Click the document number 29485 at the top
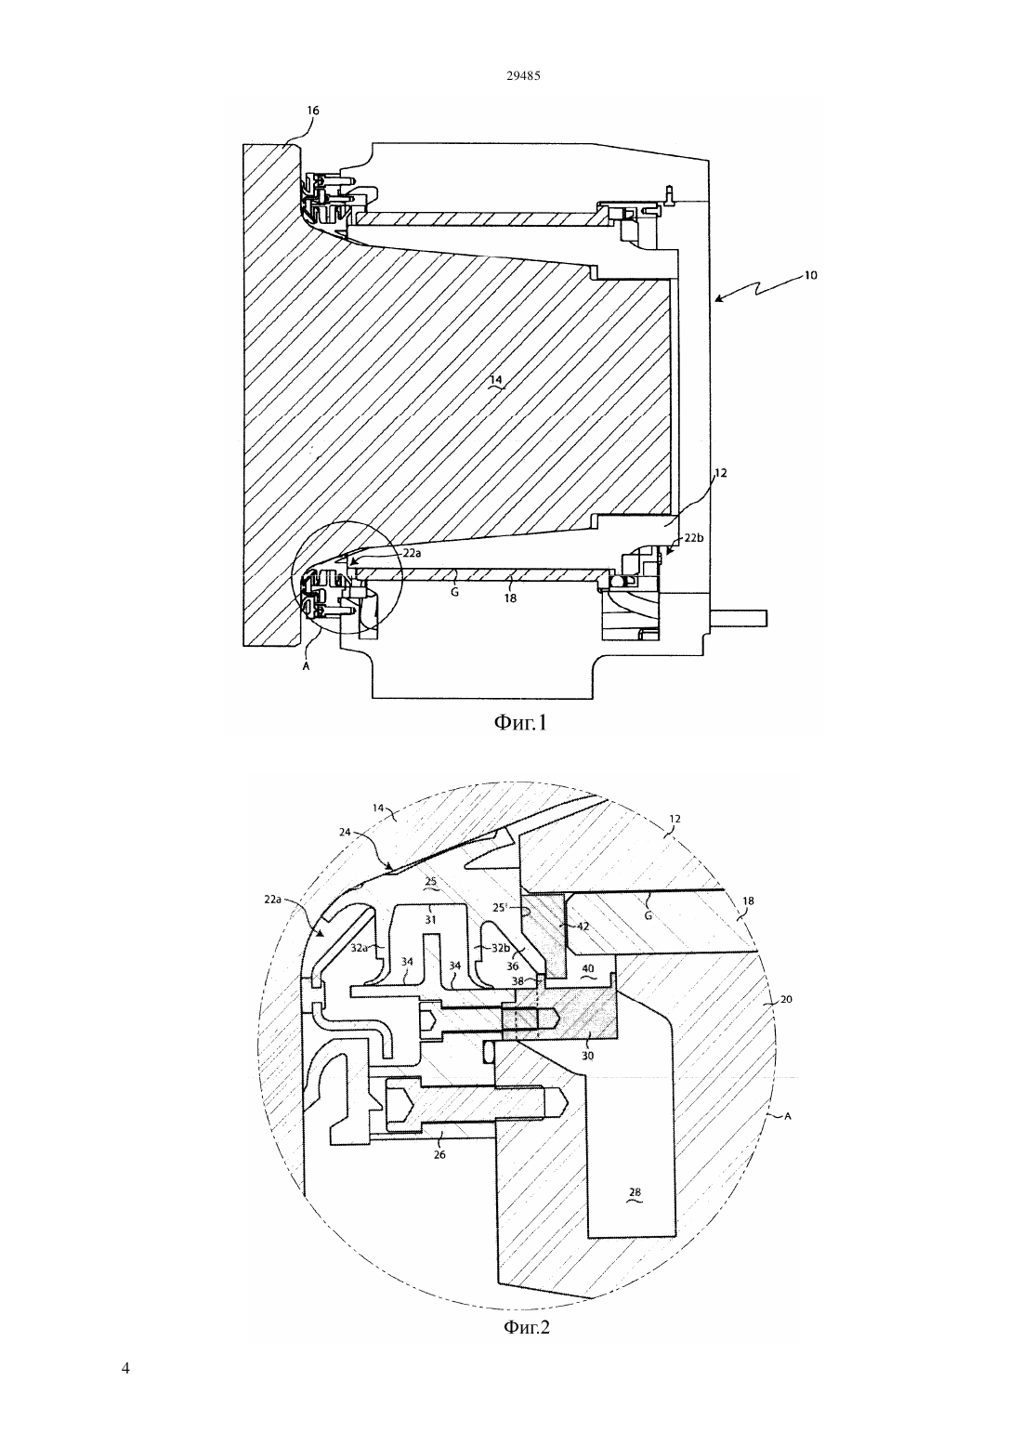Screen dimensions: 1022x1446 523,75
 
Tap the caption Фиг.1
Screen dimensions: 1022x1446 520,722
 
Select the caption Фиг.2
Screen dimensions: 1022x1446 526,1326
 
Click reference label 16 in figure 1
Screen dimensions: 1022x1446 312,111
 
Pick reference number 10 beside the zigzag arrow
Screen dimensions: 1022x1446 810,275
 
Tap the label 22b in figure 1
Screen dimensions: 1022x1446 694,538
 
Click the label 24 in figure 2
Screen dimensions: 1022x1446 345,832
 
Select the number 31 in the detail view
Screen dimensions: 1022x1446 431,919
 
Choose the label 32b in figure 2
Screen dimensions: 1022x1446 499,948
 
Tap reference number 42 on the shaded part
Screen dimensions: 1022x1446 583,926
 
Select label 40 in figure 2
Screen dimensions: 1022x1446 588,968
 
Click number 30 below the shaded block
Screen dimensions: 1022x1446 588,1056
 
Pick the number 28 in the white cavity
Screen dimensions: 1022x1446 635,1192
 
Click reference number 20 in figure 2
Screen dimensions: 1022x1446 786,999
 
